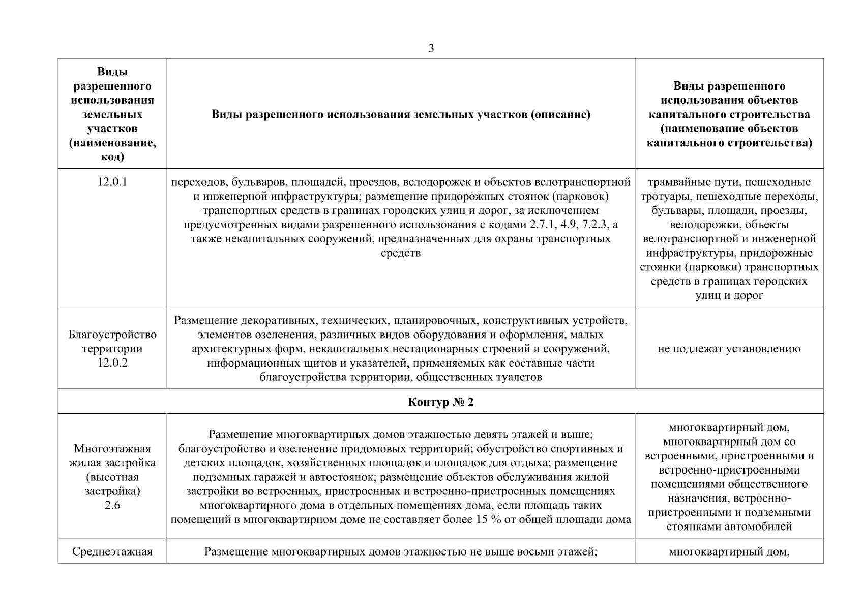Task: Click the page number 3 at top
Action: [x=431, y=49]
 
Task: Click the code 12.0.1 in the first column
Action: [x=112, y=182]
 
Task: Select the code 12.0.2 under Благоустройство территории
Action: [x=112, y=363]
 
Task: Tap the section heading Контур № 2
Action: [x=440, y=402]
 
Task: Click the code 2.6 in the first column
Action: [x=112, y=506]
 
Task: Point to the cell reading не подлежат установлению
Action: [x=729, y=349]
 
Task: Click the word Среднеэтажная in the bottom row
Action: [x=112, y=551]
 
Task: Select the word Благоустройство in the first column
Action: [x=112, y=335]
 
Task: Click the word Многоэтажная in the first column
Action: [x=112, y=449]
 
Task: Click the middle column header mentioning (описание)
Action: [x=401, y=115]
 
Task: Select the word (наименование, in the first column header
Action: [x=112, y=143]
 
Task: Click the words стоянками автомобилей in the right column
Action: [x=729, y=526]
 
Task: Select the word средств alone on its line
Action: [x=401, y=253]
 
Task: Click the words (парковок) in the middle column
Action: [x=577, y=197]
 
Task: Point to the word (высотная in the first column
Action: [x=112, y=477]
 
